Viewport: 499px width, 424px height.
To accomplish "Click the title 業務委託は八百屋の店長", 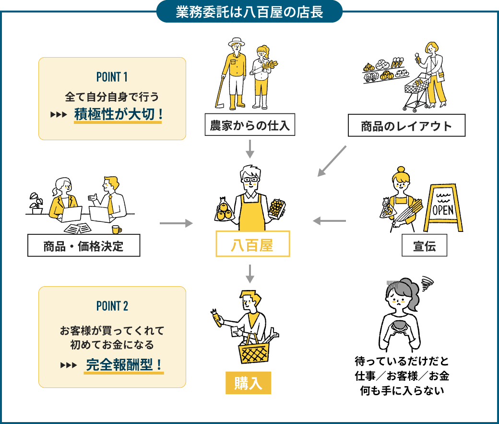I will click(x=249, y=12).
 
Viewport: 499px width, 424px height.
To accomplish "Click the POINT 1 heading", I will click(x=112, y=77).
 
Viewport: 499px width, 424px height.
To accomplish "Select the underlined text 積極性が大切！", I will click(x=118, y=115).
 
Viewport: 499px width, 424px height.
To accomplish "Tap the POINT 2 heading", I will click(x=112, y=306).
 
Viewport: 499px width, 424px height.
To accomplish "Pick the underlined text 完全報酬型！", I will click(x=124, y=365).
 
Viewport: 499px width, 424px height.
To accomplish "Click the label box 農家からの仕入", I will click(x=249, y=126).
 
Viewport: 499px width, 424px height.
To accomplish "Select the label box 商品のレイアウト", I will click(x=406, y=126).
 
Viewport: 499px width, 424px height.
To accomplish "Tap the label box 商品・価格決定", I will click(x=84, y=246).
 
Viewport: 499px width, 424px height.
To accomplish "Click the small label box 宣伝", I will click(x=424, y=246).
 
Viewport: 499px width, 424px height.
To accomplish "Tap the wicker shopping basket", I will click(x=254, y=353).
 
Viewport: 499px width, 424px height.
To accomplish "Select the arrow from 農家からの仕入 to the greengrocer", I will click(x=249, y=149).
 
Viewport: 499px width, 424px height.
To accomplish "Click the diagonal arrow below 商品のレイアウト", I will click(x=332, y=161).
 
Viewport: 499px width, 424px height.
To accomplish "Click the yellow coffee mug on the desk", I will click(x=117, y=230).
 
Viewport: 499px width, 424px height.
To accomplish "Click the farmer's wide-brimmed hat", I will click(x=236, y=42).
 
